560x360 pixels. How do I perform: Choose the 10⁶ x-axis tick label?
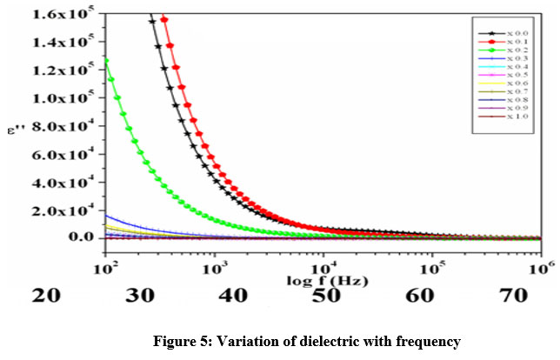[542, 266]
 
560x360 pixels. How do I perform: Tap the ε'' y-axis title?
[14, 131]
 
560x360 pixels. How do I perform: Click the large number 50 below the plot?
[323, 297]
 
